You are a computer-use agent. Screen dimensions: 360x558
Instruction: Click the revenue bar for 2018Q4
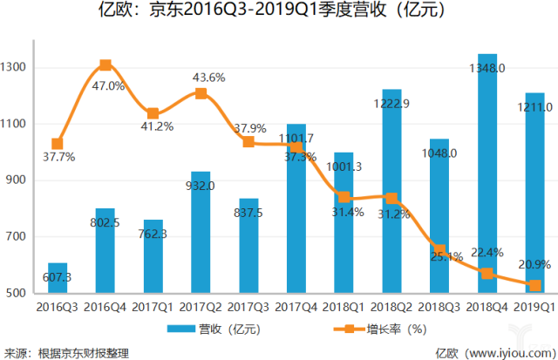point(487,174)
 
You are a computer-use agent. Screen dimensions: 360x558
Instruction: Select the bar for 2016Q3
point(58,278)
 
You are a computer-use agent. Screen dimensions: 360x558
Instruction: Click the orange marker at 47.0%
point(105,65)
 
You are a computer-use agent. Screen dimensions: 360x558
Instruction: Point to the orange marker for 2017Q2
point(201,93)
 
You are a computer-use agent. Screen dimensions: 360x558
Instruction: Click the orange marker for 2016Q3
point(58,144)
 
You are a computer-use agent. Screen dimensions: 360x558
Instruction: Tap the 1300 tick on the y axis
point(17,68)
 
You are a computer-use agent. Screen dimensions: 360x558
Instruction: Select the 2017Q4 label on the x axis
point(296,307)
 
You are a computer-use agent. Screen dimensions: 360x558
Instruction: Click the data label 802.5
point(105,223)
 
